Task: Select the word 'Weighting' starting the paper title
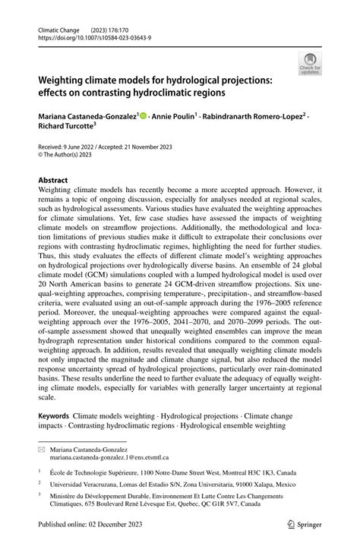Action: pyautogui.click(x=67, y=80)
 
